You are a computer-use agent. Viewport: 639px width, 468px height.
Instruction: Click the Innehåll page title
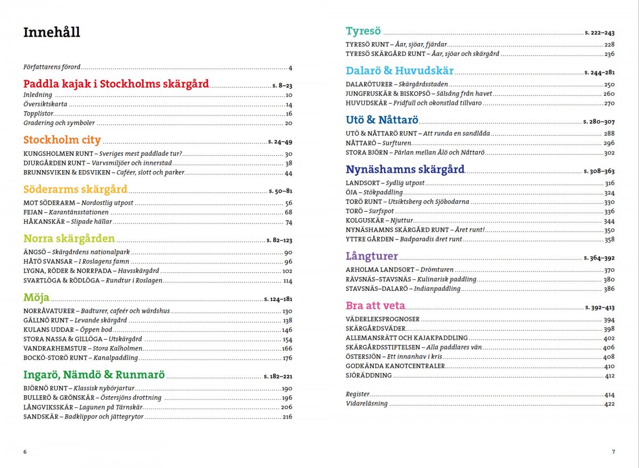[52, 32]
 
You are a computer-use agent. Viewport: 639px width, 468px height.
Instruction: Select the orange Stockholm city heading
[62, 140]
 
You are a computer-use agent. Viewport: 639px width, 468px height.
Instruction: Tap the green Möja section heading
[36, 297]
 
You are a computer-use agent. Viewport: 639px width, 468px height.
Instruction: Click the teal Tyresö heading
[364, 31]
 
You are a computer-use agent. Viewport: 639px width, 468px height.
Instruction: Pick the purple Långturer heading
[372, 256]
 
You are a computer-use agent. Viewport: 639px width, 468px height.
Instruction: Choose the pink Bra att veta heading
[375, 306]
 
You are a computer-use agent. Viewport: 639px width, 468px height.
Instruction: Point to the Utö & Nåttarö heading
[382, 120]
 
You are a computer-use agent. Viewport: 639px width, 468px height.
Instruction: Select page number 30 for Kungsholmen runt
[289, 154]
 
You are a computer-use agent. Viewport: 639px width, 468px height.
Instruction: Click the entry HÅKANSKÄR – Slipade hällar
[68, 222]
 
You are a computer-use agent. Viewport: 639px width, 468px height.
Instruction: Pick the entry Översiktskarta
[45, 105]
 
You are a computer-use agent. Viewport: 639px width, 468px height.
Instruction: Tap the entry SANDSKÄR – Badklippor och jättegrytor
[84, 417]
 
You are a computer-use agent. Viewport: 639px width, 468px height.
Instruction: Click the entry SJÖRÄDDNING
[368, 375]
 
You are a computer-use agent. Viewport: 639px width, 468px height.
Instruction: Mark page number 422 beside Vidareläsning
[609, 404]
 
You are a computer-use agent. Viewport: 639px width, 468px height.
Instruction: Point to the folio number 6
[25, 452]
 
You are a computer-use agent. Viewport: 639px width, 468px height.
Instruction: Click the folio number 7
[613, 452]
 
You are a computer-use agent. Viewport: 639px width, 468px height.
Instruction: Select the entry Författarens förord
[52, 68]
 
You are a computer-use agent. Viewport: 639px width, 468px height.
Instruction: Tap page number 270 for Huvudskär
[609, 103]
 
